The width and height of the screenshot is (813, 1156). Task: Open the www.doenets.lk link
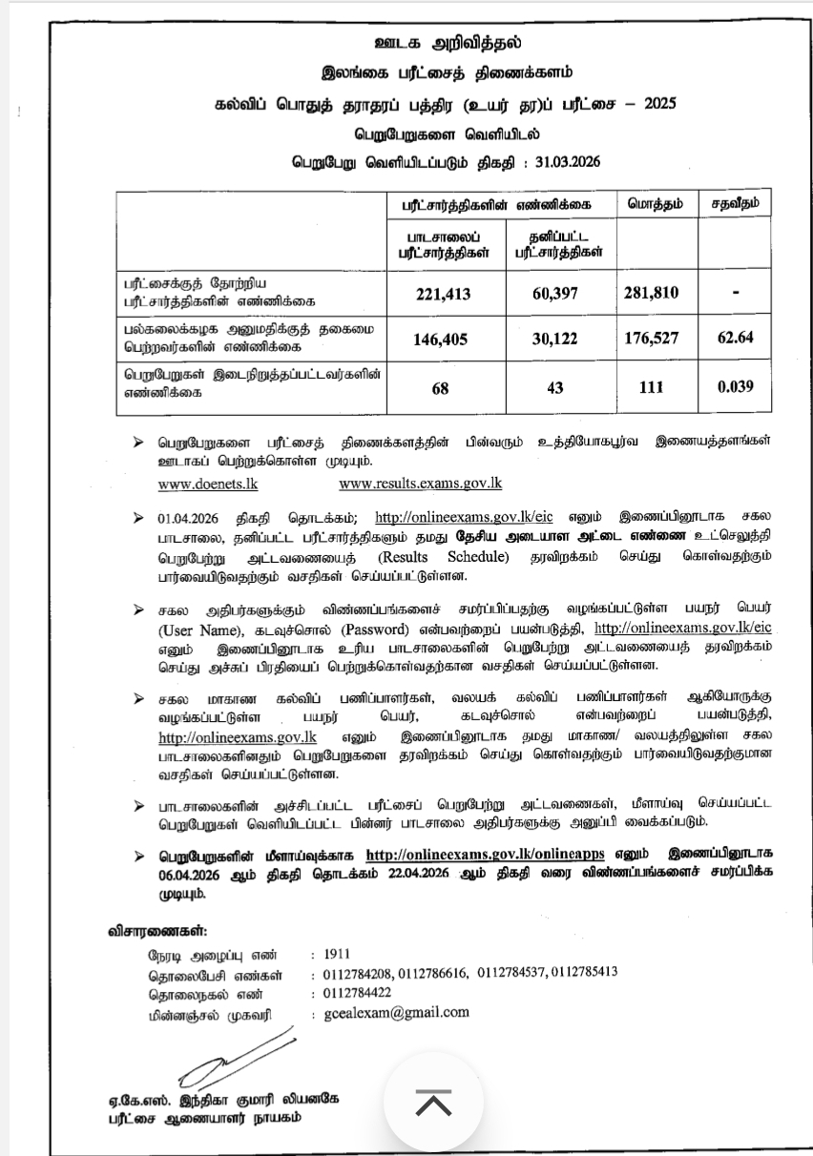pyautogui.click(x=208, y=483)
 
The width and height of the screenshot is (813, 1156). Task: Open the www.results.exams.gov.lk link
pyautogui.click(x=420, y=483)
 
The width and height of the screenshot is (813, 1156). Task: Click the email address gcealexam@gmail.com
pyautogui.click(x=396, y=1012)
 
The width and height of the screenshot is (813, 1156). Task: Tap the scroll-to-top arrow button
pyautogui.click(x=433, y=1104)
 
